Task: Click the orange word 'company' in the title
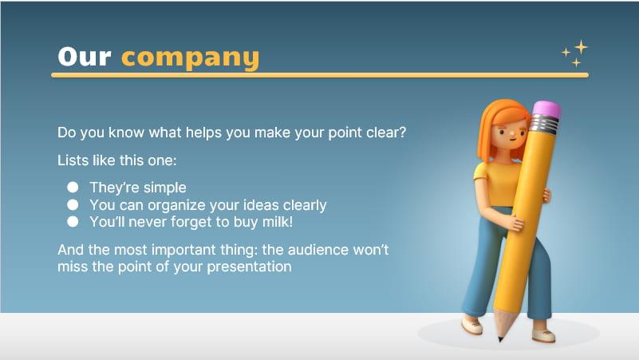(x=190, y=57)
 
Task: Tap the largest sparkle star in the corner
(x=581, y=47)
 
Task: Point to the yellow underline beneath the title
(x=319, y=75)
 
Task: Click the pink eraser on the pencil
(x=546, y=109)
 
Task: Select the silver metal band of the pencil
(x=543, y=125)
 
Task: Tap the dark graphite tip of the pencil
(x=500, y=338)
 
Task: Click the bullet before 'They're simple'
(x=73, y=188)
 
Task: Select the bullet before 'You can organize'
(x=73, y=205)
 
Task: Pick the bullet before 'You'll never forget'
(x=73, y=222)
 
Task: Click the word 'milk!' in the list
(x=275, y=222)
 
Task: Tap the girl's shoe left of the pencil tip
(x=471, y=326)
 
